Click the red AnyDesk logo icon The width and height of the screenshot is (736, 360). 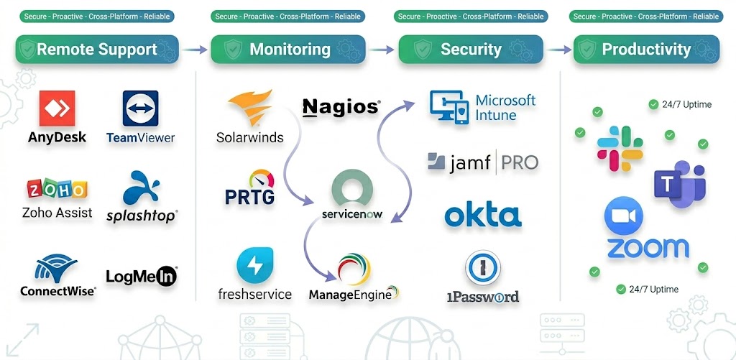57,109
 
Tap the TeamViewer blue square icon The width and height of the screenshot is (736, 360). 140,109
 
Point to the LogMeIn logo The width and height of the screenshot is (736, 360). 141,276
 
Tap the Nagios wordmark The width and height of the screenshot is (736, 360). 340,108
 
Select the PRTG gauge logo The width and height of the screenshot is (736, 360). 250,188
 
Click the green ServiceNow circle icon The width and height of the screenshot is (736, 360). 352,188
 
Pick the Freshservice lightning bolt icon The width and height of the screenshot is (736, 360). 254,266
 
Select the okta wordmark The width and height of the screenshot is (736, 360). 482,216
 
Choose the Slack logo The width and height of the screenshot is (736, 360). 620,149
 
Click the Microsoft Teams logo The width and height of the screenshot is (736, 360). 678,185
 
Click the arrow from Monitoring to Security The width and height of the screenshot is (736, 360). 387,50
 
